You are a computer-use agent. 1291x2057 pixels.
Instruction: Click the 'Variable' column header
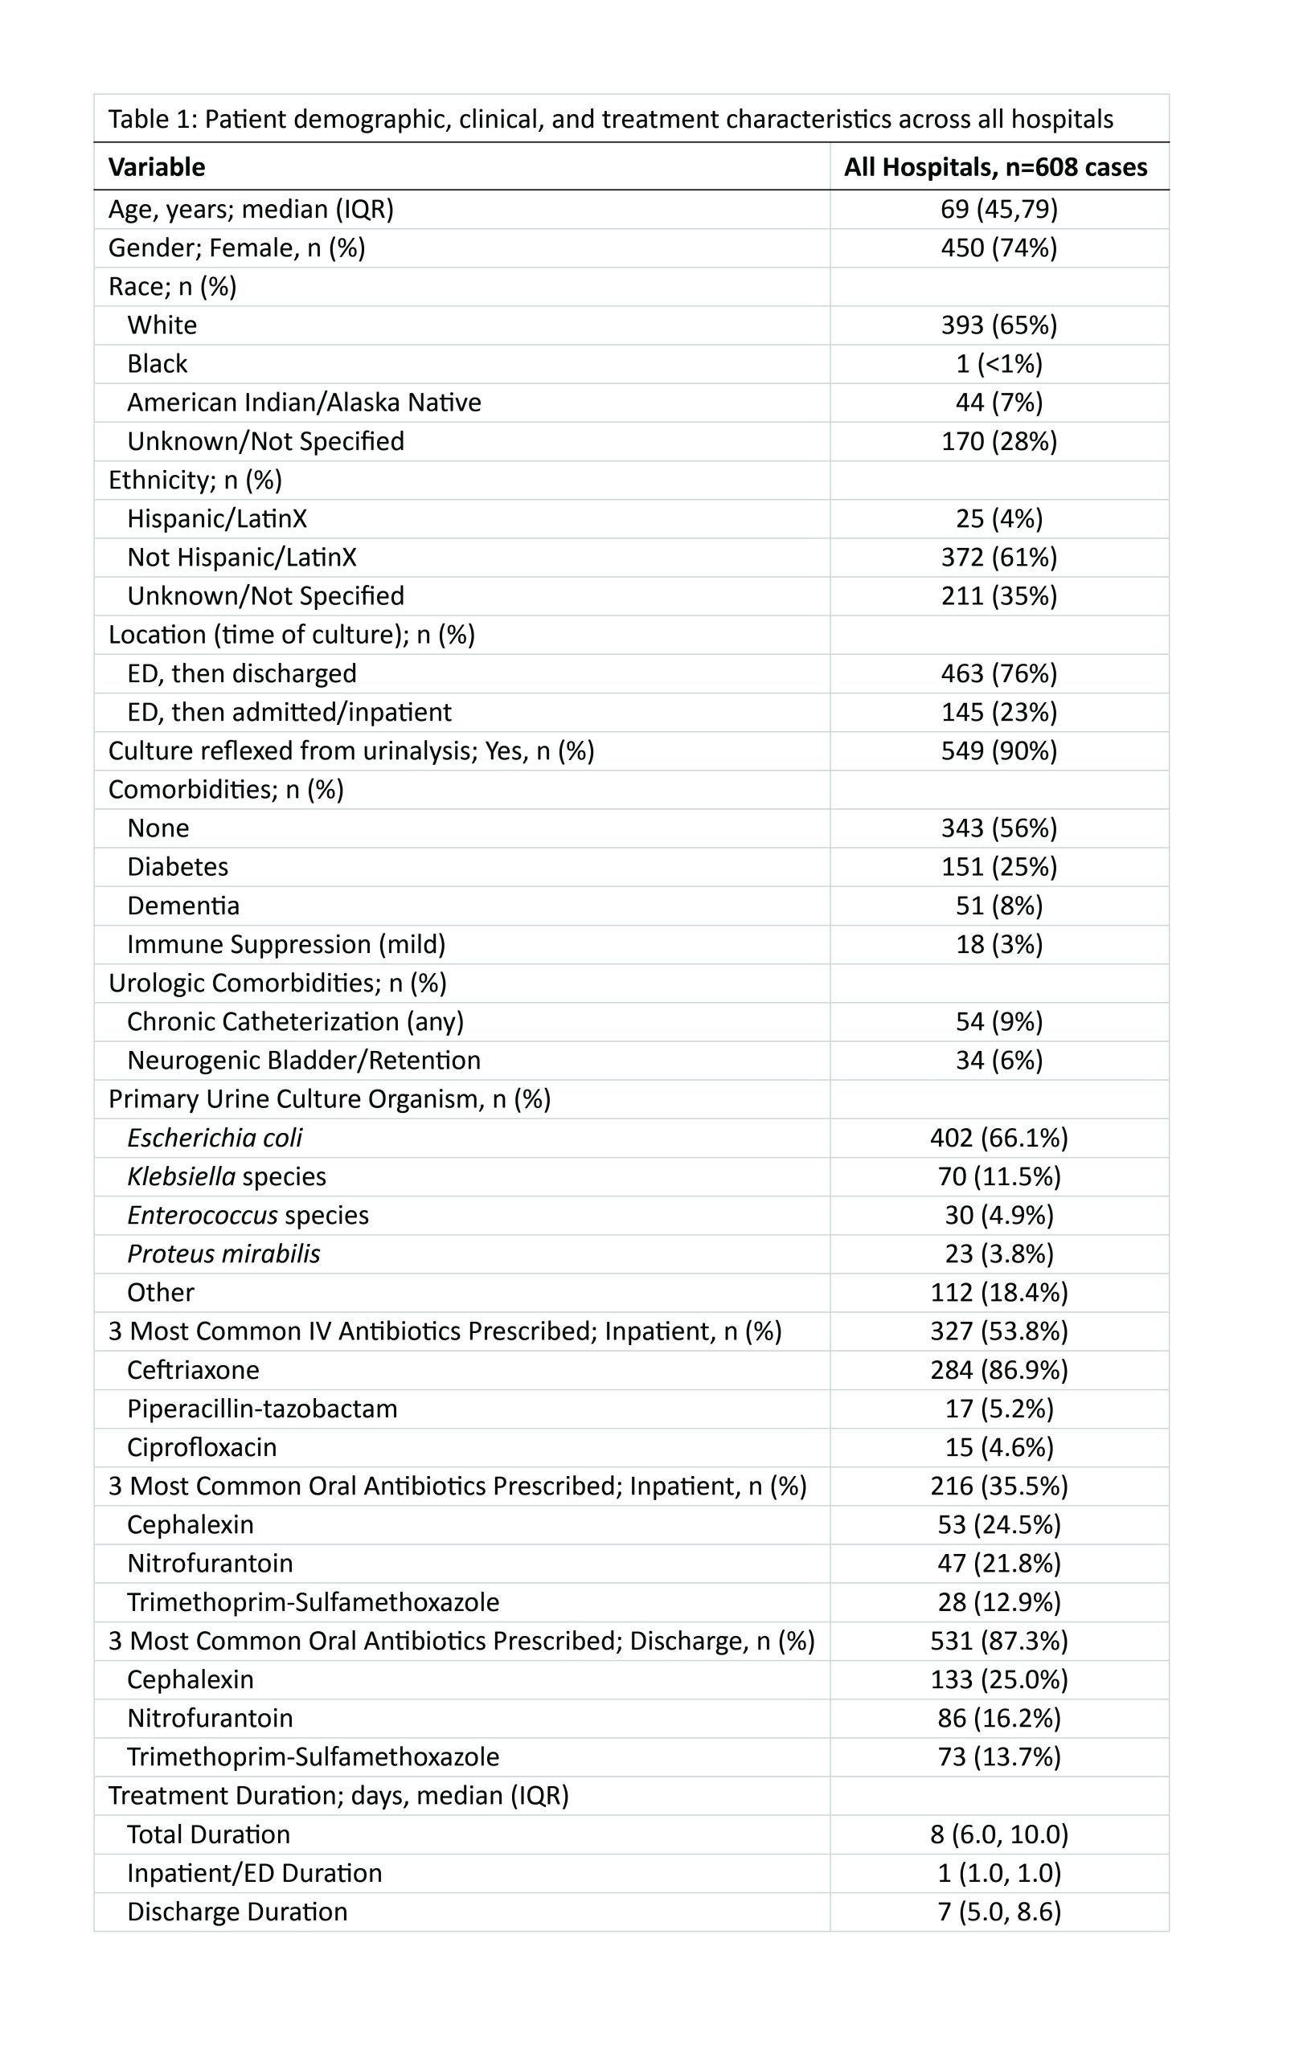tap(156, 167)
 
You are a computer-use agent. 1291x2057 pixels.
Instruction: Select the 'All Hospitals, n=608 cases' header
tap(995, 167)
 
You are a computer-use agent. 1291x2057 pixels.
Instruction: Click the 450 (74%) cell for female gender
tap(999, 248)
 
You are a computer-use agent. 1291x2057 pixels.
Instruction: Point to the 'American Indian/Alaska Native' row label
tap(304, 403)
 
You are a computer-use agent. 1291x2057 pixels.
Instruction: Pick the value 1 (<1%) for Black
tap(999, 365)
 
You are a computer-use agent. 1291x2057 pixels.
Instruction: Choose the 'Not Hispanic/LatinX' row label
tap(242, 558)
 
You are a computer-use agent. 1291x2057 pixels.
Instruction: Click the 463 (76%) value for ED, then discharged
tap(999, 673)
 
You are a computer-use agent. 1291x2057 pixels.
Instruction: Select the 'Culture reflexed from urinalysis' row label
tap(351, 751)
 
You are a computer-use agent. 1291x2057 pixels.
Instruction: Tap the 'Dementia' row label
tap(183, 906)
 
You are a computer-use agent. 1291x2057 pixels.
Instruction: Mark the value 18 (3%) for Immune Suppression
tap(999, 945)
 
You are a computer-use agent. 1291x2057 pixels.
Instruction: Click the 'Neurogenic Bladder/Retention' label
tap(304, 1061)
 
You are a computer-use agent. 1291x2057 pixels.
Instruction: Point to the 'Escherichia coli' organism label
tap(215, 1138)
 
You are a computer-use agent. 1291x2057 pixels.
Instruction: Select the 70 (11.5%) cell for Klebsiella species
tap(999, 1177)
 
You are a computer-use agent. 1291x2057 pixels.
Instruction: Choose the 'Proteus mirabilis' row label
tap(223, 1253)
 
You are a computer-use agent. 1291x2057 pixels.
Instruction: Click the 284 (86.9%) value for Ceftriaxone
tap(999, 1370)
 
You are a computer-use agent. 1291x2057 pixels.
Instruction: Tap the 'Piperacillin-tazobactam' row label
tap(262, 1409)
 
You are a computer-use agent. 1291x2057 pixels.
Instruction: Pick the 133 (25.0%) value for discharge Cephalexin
tap(999, 1679)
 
